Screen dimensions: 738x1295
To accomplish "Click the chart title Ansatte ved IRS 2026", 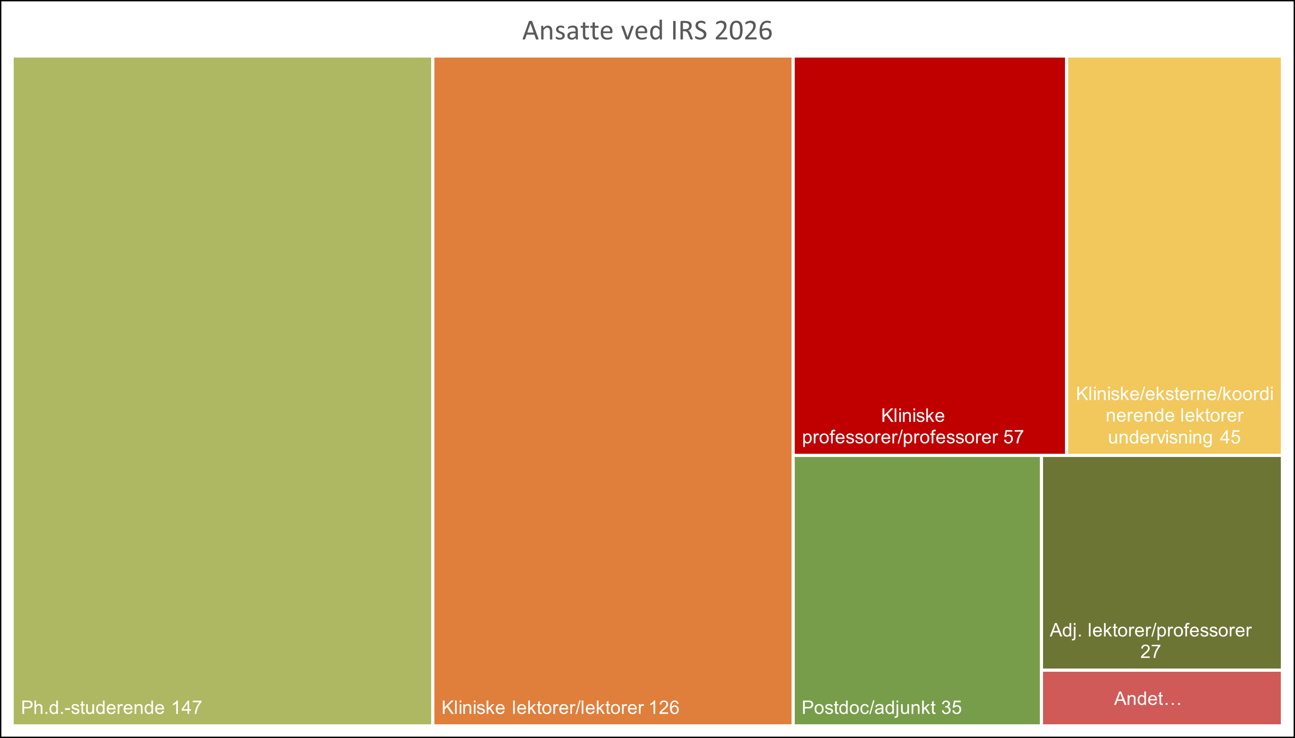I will coord(647,31).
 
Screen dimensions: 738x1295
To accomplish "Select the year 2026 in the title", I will coord(744,31).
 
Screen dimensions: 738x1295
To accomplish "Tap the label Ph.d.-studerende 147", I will coord(111,707).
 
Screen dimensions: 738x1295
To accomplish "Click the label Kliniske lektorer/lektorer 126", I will coord(560,707).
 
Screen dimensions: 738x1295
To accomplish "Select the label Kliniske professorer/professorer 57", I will coord(913,427).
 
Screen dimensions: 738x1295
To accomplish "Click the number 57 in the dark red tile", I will coord(1013,437).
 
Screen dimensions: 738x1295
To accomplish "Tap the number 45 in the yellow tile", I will coord(1230,437).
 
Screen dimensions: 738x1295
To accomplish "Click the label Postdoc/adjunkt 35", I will coord(881,707).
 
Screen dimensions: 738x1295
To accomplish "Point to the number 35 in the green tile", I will coord(951,707).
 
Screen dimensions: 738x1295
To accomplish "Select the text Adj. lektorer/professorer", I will coord(1151,631).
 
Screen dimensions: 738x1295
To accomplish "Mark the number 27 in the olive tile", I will coord(1150,652).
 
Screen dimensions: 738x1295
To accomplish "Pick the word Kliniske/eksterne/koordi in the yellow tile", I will coord(1174,394).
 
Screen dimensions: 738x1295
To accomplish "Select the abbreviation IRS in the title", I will coord(689,31).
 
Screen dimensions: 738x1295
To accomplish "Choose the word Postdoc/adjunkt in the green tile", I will coord(868,707).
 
